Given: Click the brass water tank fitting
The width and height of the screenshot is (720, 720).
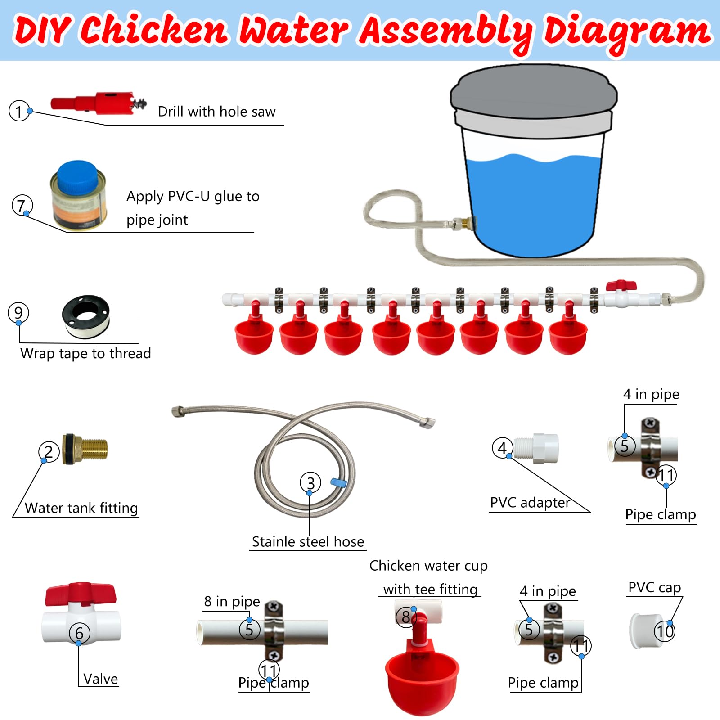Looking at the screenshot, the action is point(85,449).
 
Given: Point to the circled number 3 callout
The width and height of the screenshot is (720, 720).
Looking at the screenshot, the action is point(310,483).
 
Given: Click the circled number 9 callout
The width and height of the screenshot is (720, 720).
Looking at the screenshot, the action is point(18,312).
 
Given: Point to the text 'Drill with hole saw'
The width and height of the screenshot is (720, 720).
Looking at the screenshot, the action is point(216,112).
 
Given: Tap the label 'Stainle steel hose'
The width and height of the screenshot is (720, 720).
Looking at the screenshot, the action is point(308,541).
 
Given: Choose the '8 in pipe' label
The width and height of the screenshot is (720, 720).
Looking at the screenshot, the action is point(232,601).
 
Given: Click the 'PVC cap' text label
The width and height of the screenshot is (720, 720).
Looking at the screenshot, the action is point(655,587).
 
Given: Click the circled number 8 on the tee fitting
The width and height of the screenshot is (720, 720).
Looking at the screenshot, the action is point(406,617).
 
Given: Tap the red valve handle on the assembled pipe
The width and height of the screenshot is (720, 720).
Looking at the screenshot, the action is point(621,285).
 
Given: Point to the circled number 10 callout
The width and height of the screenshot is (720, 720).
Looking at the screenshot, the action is point(665,631).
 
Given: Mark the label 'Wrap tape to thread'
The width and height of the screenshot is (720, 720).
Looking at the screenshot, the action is point(85,353).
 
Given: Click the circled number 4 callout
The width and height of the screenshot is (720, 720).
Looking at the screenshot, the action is point(503,447).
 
